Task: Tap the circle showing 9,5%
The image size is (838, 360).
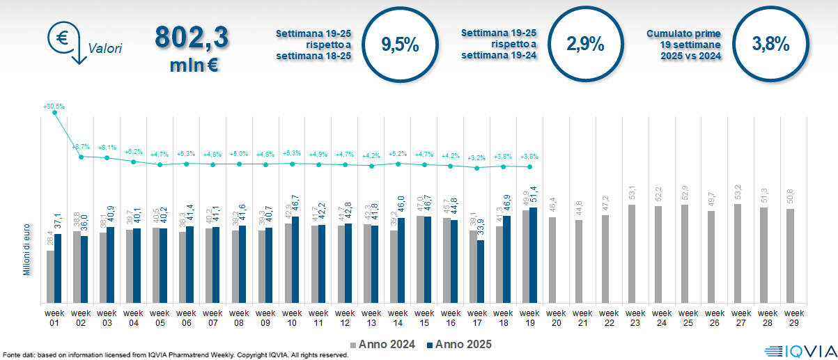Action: [400, 45]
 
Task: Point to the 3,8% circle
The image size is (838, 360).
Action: [770, 43]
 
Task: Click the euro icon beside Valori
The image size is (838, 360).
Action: [62, 38]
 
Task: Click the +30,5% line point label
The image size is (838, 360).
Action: [54, 107]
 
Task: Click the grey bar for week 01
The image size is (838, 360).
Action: [50, 276]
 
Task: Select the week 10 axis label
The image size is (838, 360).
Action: [292, 318]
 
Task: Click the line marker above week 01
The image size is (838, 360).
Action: [54, 113]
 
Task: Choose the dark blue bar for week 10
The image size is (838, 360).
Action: [296, 260]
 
